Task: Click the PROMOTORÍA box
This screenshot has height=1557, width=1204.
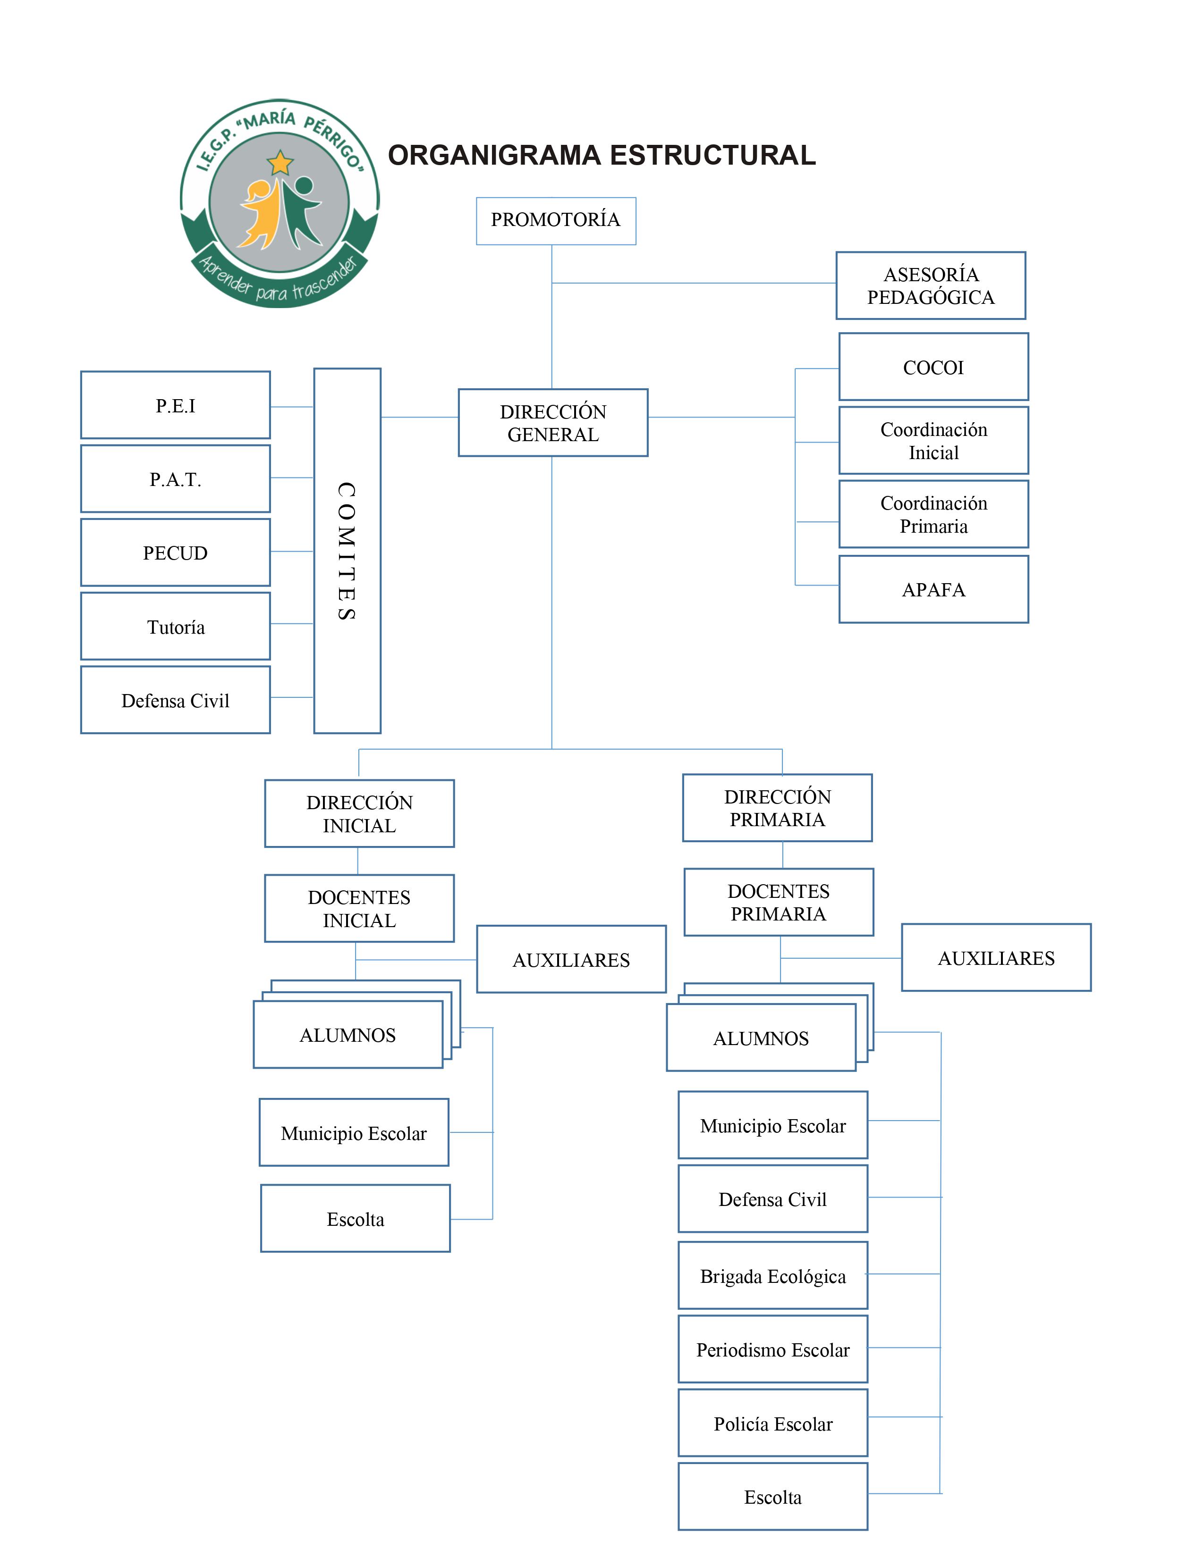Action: click(x=556, y=221)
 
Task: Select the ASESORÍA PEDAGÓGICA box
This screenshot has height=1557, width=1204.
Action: click(x=931, y=285)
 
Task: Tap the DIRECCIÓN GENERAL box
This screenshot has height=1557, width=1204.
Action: click(x=553, y=423)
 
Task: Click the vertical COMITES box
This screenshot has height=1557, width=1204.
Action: click(x=348, y=550)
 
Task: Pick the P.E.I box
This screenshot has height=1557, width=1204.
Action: click(x=176, y=405)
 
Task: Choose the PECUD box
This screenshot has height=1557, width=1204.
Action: click(x=176, y=552)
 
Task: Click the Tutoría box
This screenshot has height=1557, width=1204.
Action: click(x=176, y=627)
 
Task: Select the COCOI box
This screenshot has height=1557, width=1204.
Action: click(x=933, y=367)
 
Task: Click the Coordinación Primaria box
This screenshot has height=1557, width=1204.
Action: click(x=933, y=514)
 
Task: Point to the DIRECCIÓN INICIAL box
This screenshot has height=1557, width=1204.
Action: click(x=359, y=813)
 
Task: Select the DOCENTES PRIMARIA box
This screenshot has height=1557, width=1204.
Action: click(x=779, y=902)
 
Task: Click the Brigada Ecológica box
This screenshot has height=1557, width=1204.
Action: click(x=773, y=1275)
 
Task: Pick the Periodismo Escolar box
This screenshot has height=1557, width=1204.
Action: click(x=773, y=1349)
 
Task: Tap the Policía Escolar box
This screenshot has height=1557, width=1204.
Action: click(x=773, y=1423)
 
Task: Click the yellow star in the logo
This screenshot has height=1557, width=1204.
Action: click(x=280, y=163)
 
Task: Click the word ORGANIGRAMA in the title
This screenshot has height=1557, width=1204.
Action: click(x=494, y=155)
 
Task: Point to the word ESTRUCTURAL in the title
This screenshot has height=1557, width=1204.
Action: click(x=712, y=155)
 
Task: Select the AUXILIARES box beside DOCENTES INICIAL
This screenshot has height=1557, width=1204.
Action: click(x=571, y=959)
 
